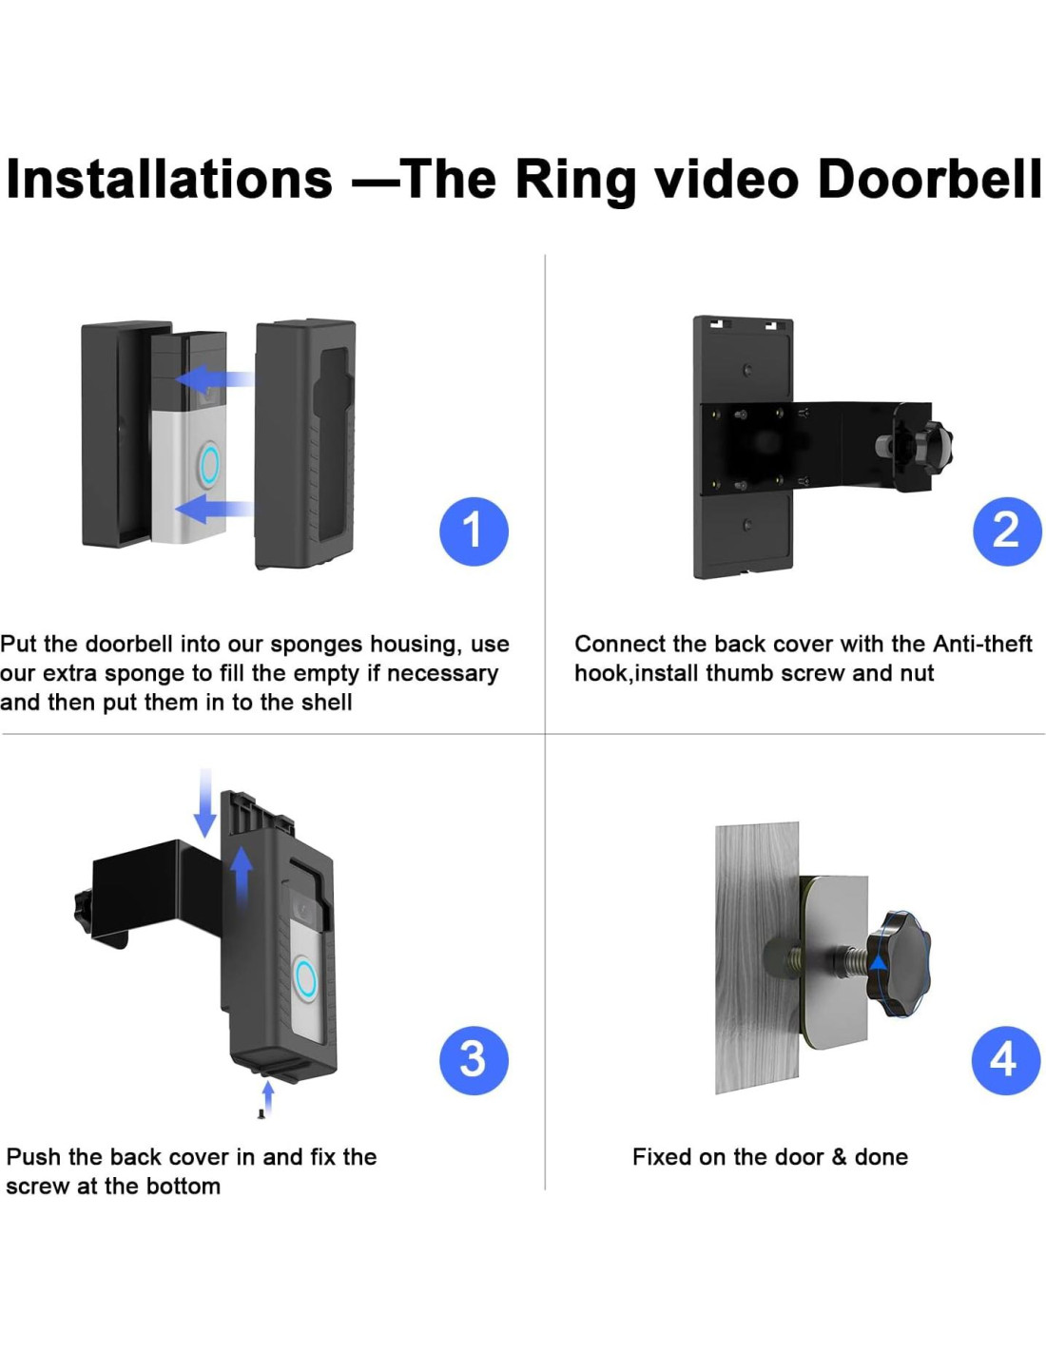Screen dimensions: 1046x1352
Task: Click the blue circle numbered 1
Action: [x=474, y=531]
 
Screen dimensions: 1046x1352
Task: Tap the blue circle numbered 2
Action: [x=1007, y=531]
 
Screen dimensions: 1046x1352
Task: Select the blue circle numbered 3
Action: [x=474, y=1060]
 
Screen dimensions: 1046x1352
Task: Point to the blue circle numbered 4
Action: [x=1005, y=1060]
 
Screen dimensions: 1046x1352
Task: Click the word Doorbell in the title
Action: [x=930, y=179]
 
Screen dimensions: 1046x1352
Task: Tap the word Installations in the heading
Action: [x=169, y=179]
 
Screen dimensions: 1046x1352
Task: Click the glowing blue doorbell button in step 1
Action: [x=209, y=462]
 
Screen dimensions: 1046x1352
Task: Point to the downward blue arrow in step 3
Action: [x=205, y=803]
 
